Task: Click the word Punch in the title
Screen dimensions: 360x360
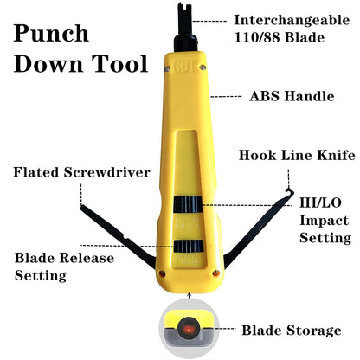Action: click(51, 34)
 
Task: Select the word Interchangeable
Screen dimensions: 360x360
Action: click(292, 21)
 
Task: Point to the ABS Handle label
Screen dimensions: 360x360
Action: click(292, 96)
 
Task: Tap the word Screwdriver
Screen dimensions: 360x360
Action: click(107, 172)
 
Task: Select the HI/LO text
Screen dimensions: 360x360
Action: click(320, 202)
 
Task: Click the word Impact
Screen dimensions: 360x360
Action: click(324, 221)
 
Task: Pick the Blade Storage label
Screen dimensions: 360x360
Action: click(292, 331)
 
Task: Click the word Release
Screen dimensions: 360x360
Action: click(88, 258)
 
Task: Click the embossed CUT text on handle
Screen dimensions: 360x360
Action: click(185, 67)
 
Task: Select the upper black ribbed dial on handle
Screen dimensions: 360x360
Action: click(188, 204)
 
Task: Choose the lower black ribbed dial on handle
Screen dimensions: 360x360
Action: click(189, 247)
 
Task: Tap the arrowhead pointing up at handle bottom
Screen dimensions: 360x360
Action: click(190, 295)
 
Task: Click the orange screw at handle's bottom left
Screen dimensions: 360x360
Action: click(163, 273)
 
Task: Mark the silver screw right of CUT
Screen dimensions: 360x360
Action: click(202, 67)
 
